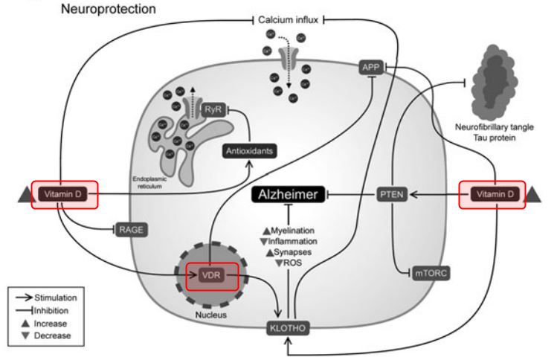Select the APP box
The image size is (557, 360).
tap(370, 67)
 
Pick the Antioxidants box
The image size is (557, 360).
tap(248, 151)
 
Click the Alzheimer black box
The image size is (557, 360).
tap(289, 195)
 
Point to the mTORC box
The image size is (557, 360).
tap(433, 274)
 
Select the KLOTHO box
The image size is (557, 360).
tap(289, 326)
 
